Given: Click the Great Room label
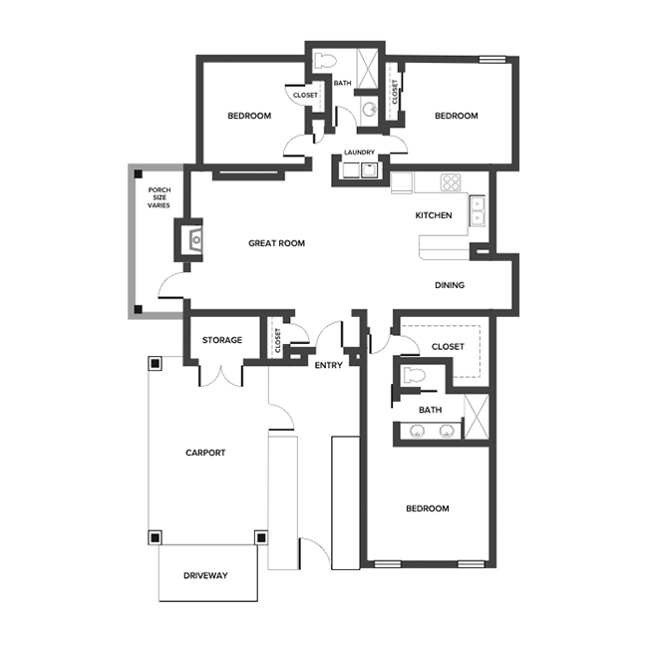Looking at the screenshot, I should point(276,243).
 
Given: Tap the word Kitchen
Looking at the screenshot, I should point(434,215).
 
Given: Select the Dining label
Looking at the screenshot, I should point(450,285).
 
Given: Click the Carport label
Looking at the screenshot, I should point(205,453).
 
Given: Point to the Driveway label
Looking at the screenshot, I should point(206,576).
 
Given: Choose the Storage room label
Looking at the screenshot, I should point(222,340).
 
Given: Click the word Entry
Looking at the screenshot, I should point(328,365).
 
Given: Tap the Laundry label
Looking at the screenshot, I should point(359,153).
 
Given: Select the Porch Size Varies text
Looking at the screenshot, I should point(159,197).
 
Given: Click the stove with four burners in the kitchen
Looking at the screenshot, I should point(452,182).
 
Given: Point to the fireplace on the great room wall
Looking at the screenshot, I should point(194,239).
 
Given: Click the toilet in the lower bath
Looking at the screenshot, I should point(416,376).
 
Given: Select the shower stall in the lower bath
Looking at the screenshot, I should point(477,418).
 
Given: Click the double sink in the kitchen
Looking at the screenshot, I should point(478,211).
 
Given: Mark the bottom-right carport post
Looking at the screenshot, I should point(260,538).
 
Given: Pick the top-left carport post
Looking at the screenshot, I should point(155,363).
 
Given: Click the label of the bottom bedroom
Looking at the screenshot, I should point(427,508).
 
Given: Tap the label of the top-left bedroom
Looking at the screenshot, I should point(249,116).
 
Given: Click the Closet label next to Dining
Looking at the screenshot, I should point(448,346).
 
